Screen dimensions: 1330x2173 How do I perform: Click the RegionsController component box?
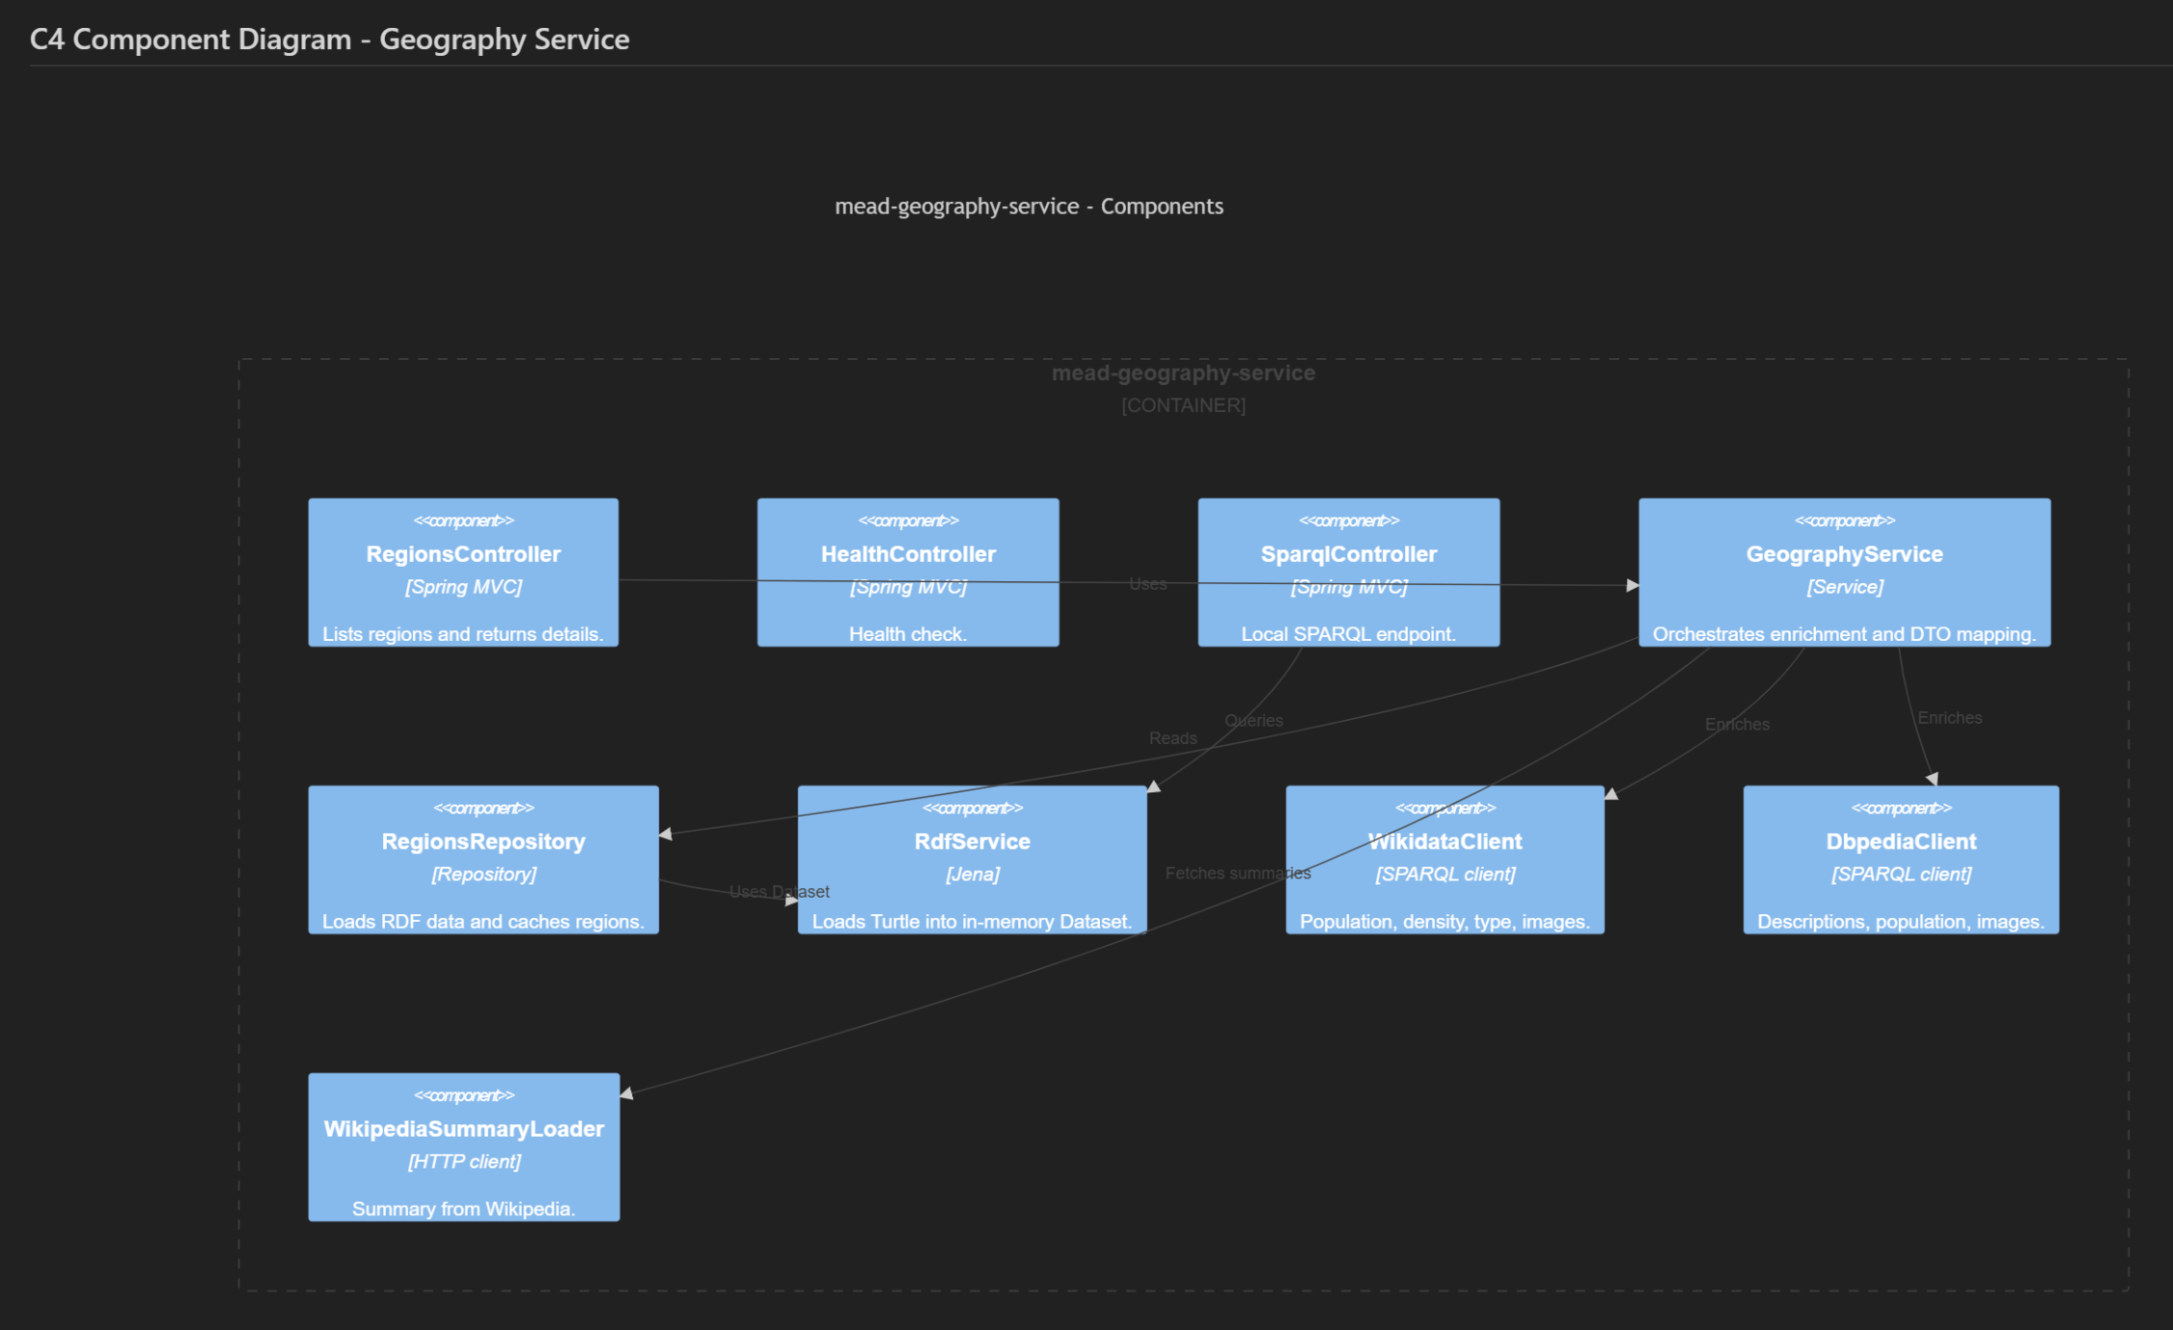463,572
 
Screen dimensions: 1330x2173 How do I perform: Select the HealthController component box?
907,572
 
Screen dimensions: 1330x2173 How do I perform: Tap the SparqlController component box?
1348,572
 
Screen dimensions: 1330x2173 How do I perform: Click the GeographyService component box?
1844,572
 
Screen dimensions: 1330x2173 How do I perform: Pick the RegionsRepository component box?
482,859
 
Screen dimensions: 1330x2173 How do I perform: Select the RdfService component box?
972,859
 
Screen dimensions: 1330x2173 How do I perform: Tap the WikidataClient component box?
1444,859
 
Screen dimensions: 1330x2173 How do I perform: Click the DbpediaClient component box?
1900,859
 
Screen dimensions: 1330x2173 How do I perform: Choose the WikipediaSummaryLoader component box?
463,1147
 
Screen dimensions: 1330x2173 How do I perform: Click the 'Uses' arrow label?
1147,584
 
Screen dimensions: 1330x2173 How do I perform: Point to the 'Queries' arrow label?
1253,721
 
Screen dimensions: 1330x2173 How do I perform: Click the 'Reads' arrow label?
1172,738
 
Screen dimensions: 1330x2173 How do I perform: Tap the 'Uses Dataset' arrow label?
779,892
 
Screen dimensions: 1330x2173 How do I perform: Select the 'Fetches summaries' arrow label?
1237,873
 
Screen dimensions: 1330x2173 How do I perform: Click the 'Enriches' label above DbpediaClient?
1949,718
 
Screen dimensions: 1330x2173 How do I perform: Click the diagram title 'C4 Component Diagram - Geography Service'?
329,40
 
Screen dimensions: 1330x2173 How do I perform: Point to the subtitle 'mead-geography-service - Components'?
1029,207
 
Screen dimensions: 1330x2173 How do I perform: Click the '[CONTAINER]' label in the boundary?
1183,405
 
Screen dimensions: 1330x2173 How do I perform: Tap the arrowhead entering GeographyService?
1633,585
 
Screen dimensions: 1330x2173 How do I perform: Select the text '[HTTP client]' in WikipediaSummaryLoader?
463,1161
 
